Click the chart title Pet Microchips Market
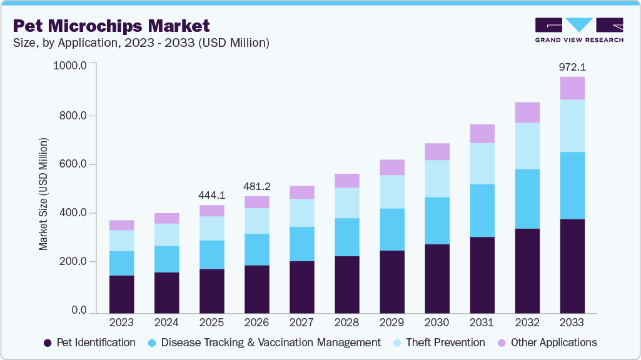pyautogui.click(x=111, y=26)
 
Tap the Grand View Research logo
pyautogui.click(x=579, y=30)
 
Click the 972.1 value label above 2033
pyautogui.click(x=572, y=67)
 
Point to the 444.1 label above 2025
pyautogui.click(x=211, y=195)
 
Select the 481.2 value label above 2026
pyautogui.click(x=256, y=186)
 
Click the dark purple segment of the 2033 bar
pyautogui.click(x=572, y=266)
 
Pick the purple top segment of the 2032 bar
pyautogui.click(x=527, y=112)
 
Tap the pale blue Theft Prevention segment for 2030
pyautogui.click(x=437, y=179)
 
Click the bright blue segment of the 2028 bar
pyautogui.click(x=346, y=237)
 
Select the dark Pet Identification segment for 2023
pyautogui.click(x=121, y=294)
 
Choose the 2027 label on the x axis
pyautogui.click(x=301, y=322)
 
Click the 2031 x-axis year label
pyautogui.click(x=482, y=322)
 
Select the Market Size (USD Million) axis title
pyautogui.click(x=43, y=194)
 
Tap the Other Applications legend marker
pyautogui.click(x=502, y=342)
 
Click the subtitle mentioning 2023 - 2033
pyautogui.click(x=141, y=42)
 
